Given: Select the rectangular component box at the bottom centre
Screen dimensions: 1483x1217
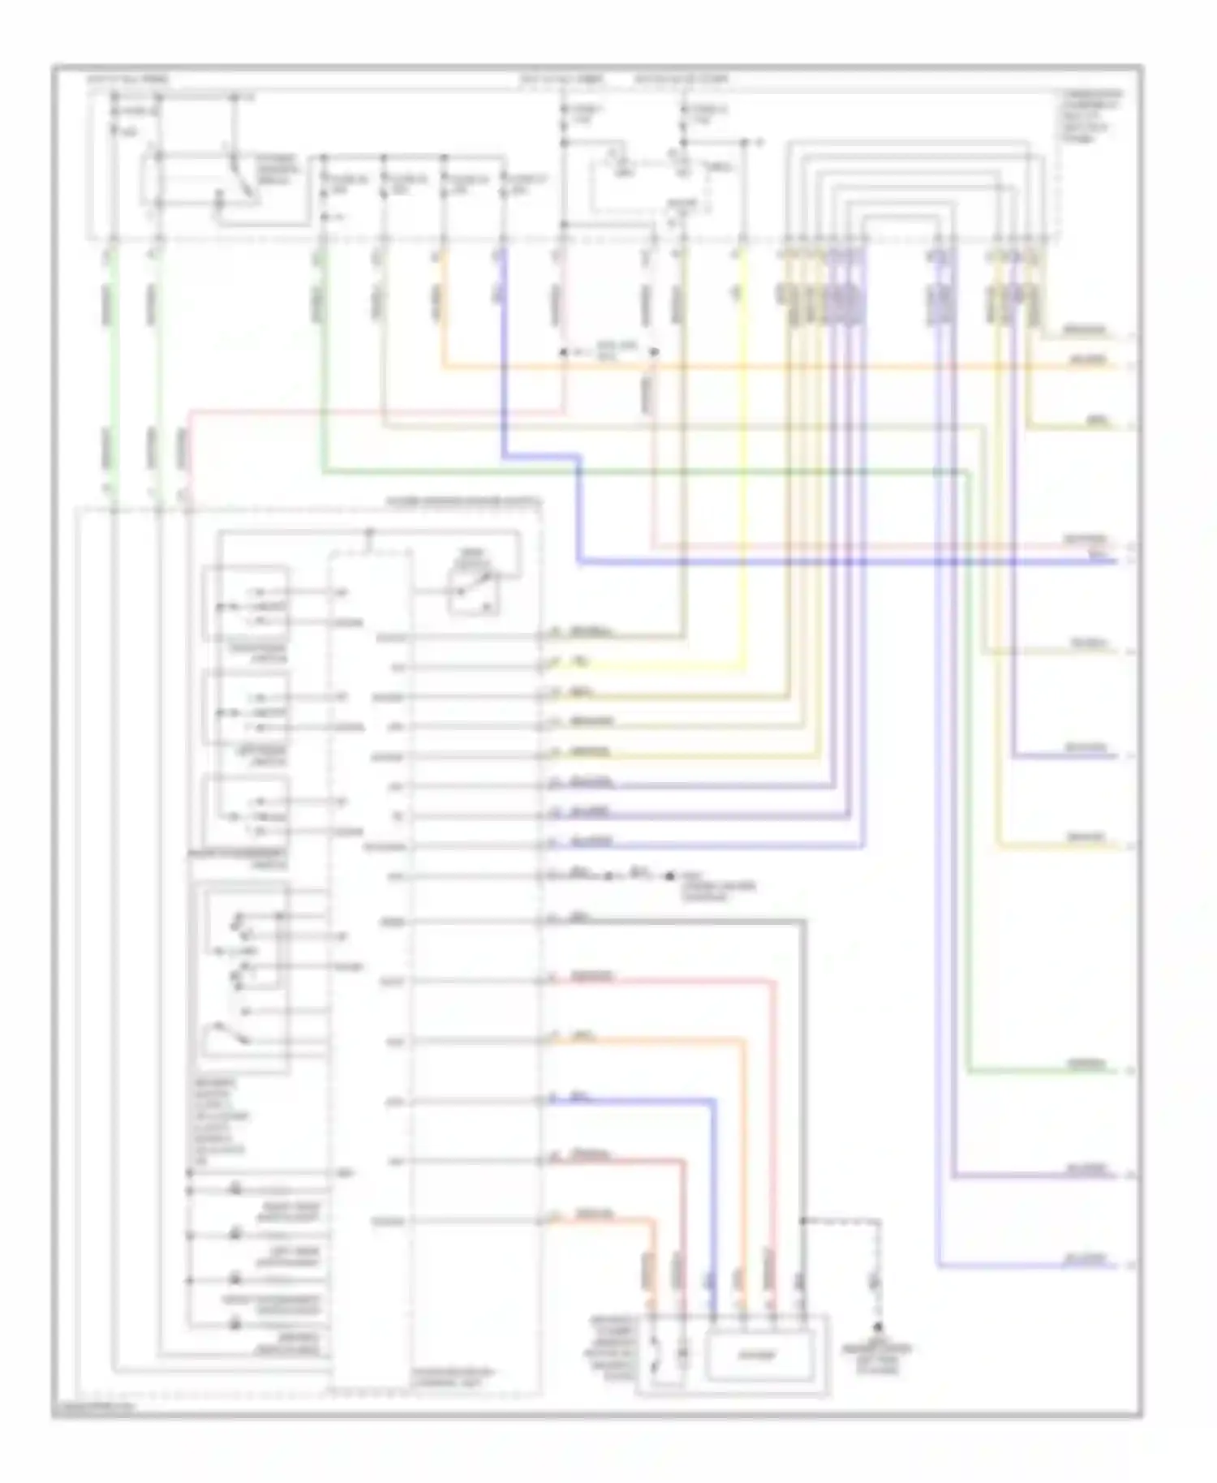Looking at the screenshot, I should click(x=756, y=1355).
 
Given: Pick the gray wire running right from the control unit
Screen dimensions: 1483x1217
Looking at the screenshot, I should click(x=673, y=921).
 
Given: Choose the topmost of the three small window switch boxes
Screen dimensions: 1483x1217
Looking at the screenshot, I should click(x=246, y=602).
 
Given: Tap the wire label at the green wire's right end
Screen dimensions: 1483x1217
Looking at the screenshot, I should click(x=1086, y=1064).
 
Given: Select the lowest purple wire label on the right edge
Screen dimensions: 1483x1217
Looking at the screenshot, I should click(x=1086, y=1260).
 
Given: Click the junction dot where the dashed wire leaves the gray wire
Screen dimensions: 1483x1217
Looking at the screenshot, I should click(x=802, y=1219).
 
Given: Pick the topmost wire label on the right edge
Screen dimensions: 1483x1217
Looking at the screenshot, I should click(x=1084, y=330).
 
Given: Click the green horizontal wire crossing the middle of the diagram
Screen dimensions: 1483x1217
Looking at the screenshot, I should click(x=649, y=471).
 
